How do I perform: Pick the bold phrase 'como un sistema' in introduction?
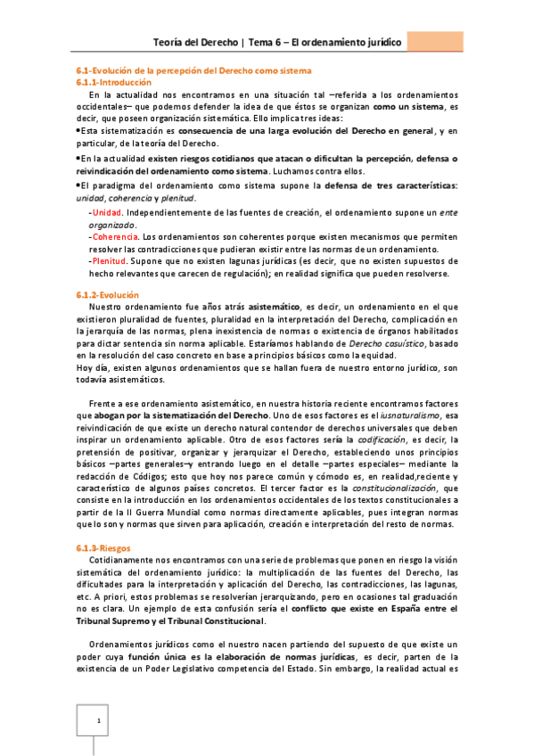pyautogui.click(x=409, y=106)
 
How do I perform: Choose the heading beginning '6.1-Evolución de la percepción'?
pyautogui.click(x=192, y=70)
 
